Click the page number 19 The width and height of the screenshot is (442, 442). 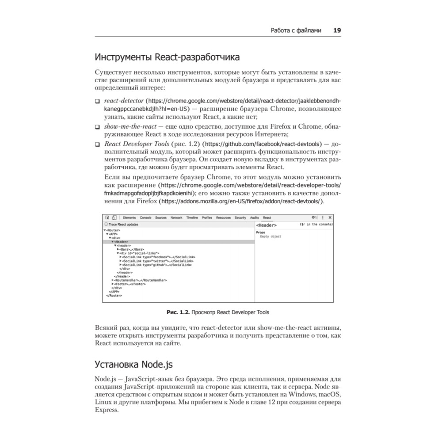[x=336, y=30]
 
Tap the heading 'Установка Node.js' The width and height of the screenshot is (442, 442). [x=134, y=364]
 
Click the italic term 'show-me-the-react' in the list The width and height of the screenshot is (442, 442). [x=127, y=127]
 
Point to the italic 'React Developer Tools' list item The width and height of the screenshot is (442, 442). [x=137, y=144]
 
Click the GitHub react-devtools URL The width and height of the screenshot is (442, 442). [x=263, y=144]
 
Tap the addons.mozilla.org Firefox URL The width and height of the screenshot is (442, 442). [x=241, y=201]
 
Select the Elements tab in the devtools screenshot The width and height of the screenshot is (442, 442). [x=129, y=218]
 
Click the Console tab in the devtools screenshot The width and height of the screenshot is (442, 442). [x=145, y=218]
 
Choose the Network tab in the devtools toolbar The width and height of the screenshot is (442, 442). [x=176, y=218]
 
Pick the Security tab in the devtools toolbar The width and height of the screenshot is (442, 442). [x=240, y=218]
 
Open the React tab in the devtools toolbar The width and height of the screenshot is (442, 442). [x=267, y=218]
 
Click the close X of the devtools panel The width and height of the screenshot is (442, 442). [x=330, y=218]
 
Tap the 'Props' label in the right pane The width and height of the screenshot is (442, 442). [x=260, y=232]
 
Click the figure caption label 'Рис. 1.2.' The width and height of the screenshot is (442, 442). [x=178, y=312]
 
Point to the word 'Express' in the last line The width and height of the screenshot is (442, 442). [x=107, y=410]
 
